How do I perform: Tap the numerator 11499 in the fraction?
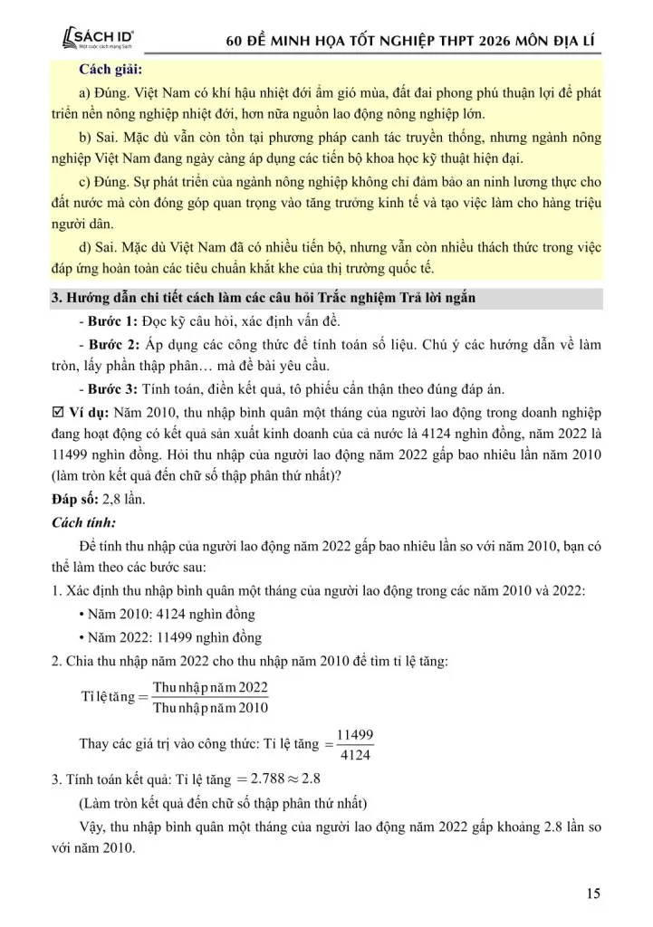tap(355, 734)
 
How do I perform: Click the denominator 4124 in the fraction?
tap(355, 755)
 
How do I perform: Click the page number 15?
tap(593, 894)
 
